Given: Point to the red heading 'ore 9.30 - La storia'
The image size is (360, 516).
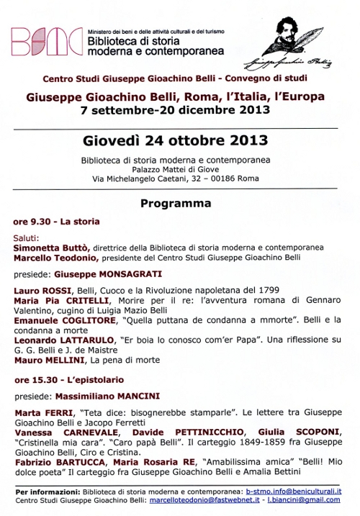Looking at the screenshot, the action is pyautogui.click(x=57, y=222).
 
